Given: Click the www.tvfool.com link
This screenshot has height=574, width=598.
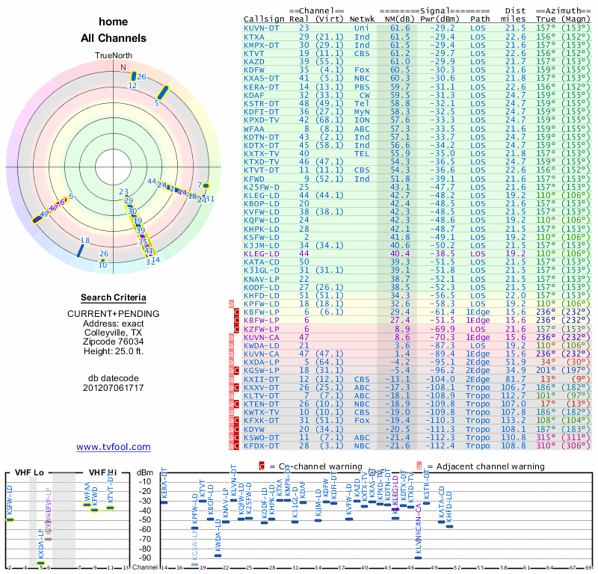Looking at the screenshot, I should pos(114,447).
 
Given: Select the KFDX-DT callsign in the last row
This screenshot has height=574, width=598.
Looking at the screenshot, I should pos(261,445).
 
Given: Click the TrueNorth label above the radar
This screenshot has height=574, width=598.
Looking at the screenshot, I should pos(114,56).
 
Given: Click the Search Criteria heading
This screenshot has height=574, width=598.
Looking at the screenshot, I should pos(114,297).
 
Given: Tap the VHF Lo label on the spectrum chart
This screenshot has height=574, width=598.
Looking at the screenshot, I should pos(28,472).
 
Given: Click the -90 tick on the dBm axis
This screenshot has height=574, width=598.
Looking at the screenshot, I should pos(146,558).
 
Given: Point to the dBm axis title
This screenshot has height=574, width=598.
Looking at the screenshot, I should pos(145,472).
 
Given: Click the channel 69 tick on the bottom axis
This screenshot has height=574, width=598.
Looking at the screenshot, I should pos(588,569).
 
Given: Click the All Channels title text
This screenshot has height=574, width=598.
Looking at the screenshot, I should pos(114,38).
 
